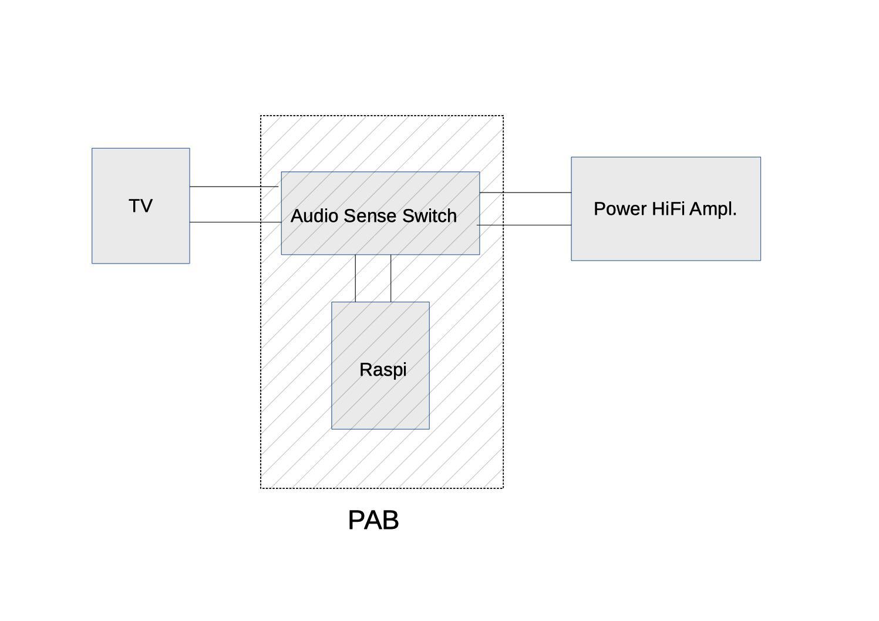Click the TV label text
coord(140,206)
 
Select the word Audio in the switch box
coord(314,216)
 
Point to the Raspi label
coord(383,370)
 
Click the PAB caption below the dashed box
coord(373,521)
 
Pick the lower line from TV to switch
coord(235,222)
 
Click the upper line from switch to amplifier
coord(526,193)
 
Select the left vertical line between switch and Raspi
coord(355,278)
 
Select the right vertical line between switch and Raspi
coord(391,278)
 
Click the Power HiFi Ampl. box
coord(665,241)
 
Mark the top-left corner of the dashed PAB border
coord(261,116)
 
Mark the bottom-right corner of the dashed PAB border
coord(503,488)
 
